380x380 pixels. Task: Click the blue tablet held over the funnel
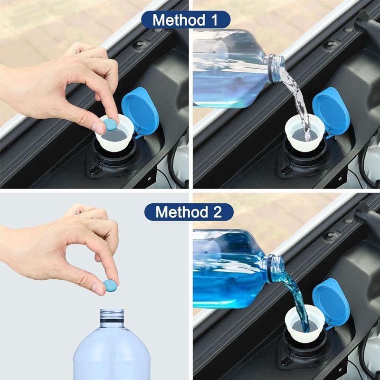tap(110, 125)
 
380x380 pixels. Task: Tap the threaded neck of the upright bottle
tap(112, 316)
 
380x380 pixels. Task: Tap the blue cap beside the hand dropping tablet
tap(140, 110)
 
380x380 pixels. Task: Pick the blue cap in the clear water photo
tap(331, 110)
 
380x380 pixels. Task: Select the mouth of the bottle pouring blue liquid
tap(276, 268)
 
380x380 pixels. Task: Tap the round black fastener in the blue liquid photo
tap(329, 236)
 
